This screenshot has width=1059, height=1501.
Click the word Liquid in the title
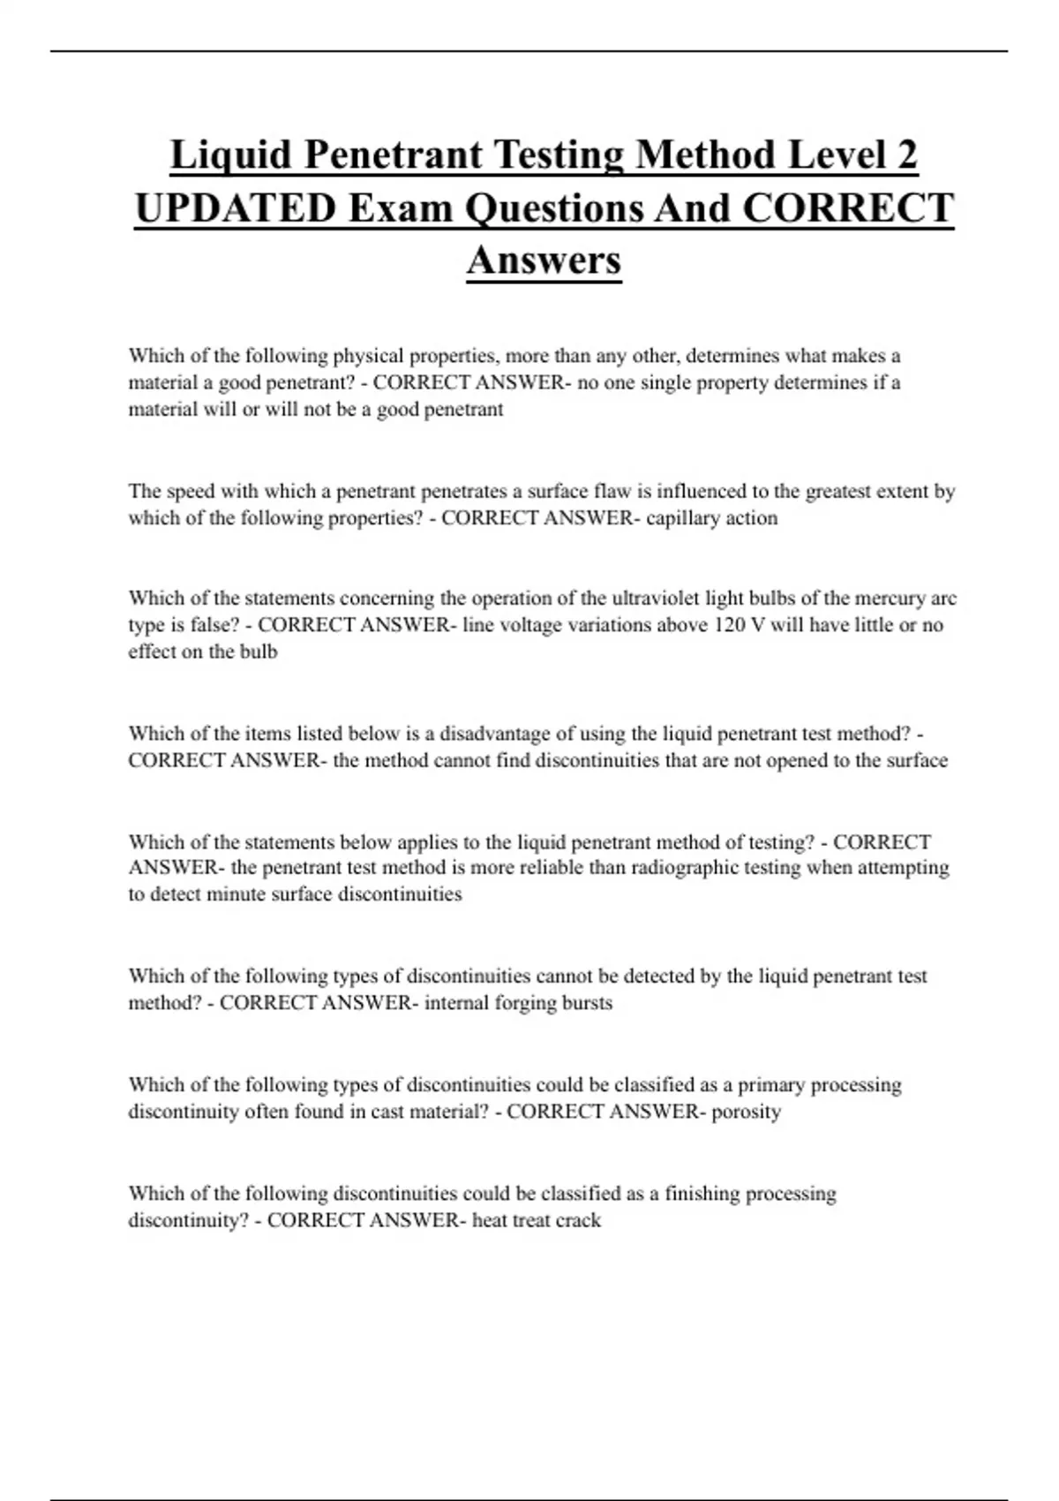230,155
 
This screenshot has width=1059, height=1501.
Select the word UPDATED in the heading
235,208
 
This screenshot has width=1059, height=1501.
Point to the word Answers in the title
544,260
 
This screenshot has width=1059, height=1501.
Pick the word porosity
746,1112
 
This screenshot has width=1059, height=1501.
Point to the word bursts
587,1003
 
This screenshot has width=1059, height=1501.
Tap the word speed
191,491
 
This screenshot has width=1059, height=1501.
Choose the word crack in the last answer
579,1220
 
